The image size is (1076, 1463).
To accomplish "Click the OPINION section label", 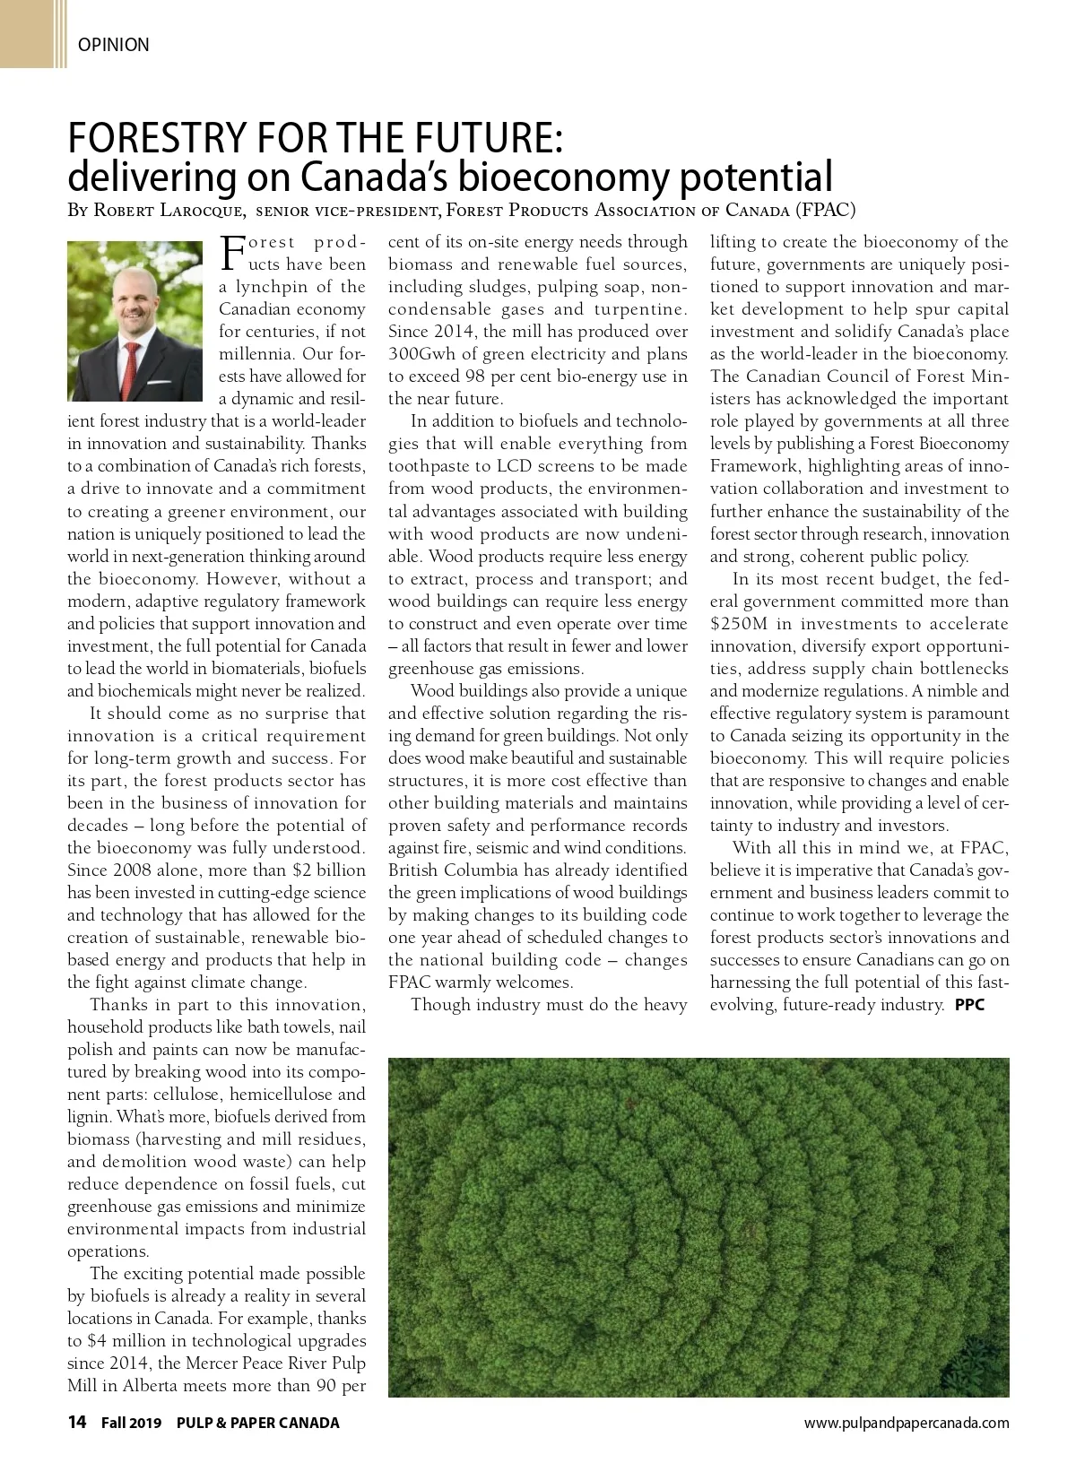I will (x=114, y=44).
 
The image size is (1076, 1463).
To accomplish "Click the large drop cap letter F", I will (x=231, y=252).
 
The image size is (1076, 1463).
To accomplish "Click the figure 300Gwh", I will (x=421, y=354).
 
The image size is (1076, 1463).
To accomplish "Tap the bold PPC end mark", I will (x=969, y=1005).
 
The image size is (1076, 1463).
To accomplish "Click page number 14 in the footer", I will (x=77, y=1423).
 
